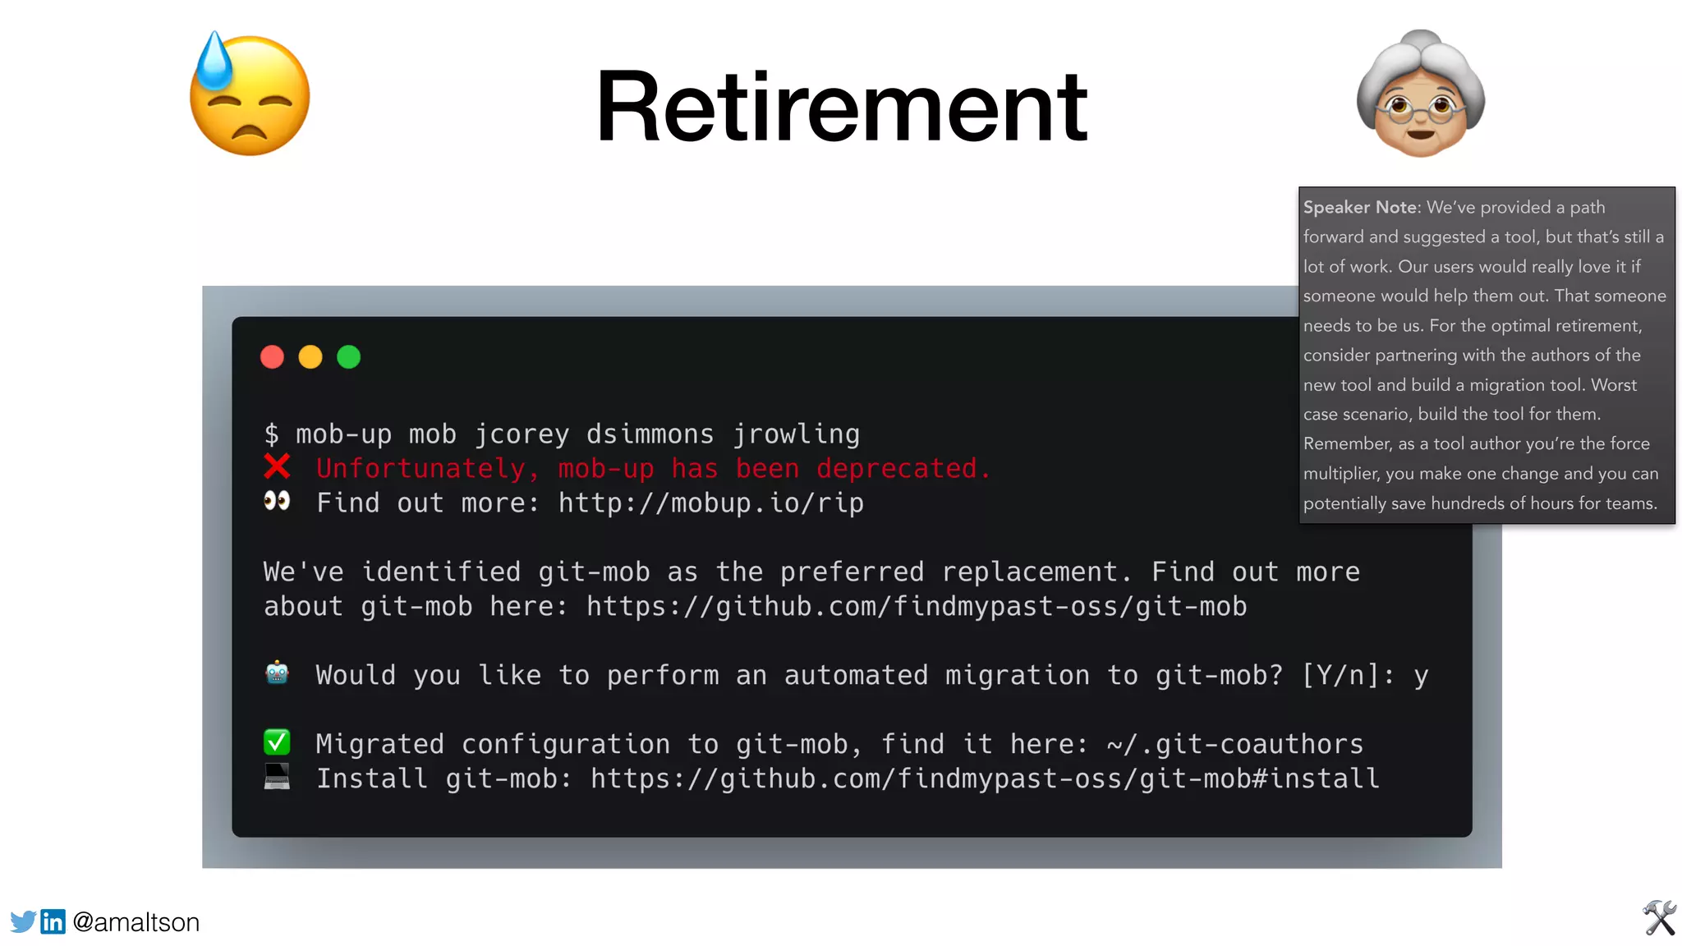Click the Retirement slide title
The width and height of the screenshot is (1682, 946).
[x=841, y=107]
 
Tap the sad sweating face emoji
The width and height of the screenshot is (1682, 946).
[x=250, y=95]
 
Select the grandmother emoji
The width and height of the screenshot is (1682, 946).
[x=1421, y=94]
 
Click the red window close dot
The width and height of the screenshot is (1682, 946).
[x=272, y=357]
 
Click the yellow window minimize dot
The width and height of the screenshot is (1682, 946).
[x=310, y=357]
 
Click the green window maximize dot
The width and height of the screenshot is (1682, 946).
[x=349, y=357]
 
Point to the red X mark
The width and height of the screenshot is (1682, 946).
[x=277, y=467]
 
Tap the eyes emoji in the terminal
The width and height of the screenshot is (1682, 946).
[x=277, y=501]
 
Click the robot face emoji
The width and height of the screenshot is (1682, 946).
[x=277, y=673]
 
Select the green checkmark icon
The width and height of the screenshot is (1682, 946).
[x=277, y=742]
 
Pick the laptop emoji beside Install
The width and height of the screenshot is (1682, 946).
[x=277, y=776]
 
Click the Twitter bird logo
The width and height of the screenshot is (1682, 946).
[x=23, y=921]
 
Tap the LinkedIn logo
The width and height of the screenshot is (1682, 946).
[x=53, y=921]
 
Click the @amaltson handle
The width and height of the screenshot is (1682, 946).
[x=136, y=922]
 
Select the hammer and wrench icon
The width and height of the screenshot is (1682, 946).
[x=1659, y=918]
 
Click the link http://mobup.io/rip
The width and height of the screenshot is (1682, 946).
[x=710, y=503]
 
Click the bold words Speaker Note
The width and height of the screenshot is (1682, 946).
[x=1360, y=208]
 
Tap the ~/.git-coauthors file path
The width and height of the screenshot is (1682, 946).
[x=1234, y=744]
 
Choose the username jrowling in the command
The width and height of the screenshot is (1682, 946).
[x=796, y=434]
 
